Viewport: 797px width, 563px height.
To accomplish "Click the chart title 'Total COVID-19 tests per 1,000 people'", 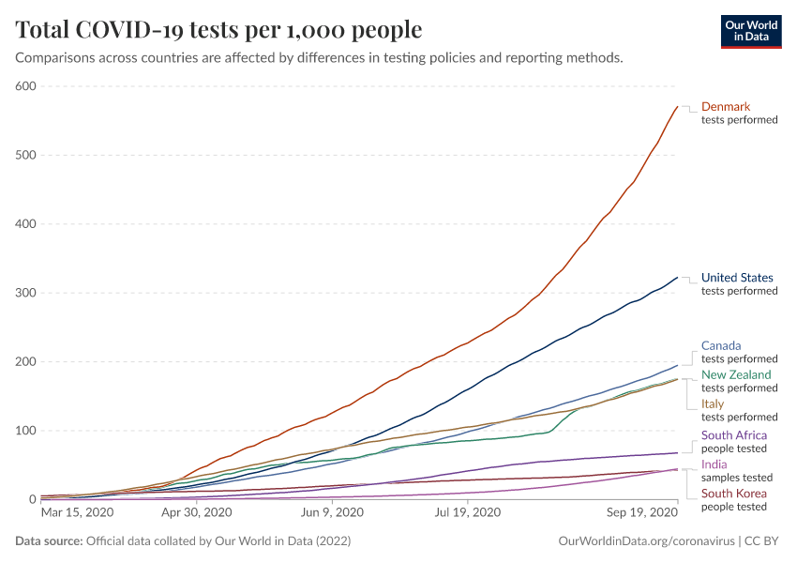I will (218, 30).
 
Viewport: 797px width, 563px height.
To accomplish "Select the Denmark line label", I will (726, 107).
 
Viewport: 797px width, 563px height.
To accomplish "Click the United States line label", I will (737, 278).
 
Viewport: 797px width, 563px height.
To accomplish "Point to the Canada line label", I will (721, 345).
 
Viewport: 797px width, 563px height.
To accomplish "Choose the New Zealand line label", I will (736, 374).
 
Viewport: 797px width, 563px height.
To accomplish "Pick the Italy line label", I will (713, 403).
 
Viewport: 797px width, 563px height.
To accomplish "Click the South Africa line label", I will (734, 435).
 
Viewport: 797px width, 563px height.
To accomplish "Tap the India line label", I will (714, 464).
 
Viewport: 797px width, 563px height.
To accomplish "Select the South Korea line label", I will (734, 494).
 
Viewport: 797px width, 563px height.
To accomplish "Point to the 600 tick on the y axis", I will (24, 86).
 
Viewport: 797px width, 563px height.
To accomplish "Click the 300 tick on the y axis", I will (24, 293).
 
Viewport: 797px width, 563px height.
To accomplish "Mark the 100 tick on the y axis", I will (24, 431).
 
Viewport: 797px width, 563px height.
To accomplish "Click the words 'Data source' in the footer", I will (49, 541).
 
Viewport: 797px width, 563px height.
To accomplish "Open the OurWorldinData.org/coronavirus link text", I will (645, 541).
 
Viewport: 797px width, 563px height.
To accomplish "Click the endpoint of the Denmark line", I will (677, 107).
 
